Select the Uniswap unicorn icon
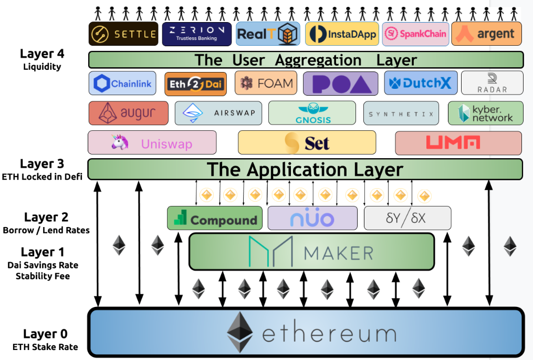point(120,142)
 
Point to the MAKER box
point(311,252)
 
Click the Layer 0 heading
point(45,334)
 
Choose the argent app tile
point(486,34)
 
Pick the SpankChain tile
point(415,34)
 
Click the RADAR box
point(492,83)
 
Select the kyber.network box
point(485,113)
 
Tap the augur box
point(128,113)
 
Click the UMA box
point(458,142)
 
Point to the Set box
point(307,142)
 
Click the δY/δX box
point(407,218)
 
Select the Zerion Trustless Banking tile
point(196,34)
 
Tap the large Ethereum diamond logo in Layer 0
point(241,332)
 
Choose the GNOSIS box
point(312,113)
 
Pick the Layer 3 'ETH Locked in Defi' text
point(43,177)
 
